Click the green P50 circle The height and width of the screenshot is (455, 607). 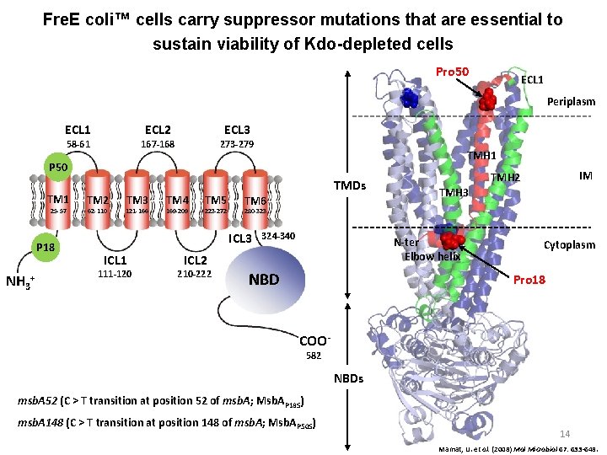click(58, 166)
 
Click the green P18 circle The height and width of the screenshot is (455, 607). click(47, 247)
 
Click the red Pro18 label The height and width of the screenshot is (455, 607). click(530, 279)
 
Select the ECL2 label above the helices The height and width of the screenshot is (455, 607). click(158, 129)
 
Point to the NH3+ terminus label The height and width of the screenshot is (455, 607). click(22, 281)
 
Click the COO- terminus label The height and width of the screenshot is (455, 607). click(314, 340)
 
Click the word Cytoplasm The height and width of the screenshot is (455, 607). click(569, 245)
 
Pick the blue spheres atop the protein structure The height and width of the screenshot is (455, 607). click(410, 98)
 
